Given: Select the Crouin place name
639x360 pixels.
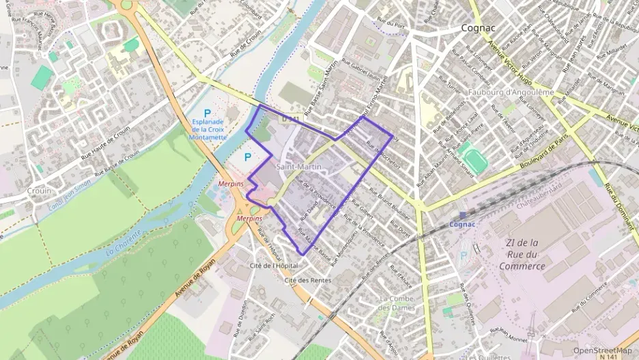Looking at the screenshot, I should coord(39,191).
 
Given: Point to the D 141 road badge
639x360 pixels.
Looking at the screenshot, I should coord(291,119).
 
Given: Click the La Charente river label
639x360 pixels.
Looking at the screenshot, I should coord(123,243).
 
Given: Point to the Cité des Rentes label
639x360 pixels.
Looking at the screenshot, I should coord(308,280).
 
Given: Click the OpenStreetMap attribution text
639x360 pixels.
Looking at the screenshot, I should coord(601,350).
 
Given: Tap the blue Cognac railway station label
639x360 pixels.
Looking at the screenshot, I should coord(461,223).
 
